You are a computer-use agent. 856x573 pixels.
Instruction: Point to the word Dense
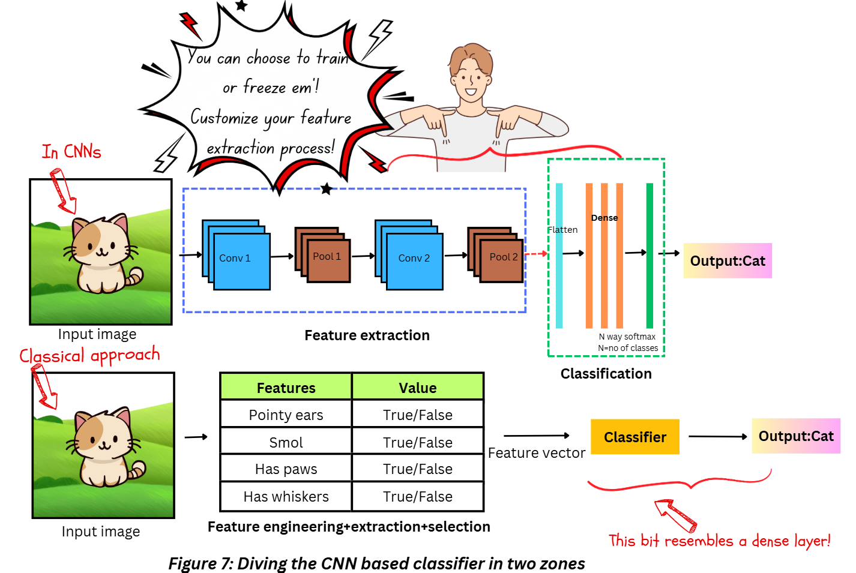click(x=604, y=218)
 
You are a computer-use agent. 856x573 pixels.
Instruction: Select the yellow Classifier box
click(x=635, y=437)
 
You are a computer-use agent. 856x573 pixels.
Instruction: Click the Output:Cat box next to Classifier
click(x=796, y=436)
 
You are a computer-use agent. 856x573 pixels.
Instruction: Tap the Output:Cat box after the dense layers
click(x=728, y=261)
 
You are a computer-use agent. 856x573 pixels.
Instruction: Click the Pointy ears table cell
click(x=286, y=415)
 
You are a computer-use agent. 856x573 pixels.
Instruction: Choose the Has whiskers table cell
click(x=286, y=496)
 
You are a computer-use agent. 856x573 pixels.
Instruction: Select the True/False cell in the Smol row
click(x=418, y=442)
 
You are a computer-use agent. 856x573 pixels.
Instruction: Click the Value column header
click(x=418, y=388)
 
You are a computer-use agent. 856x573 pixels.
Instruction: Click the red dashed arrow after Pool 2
click(x=536, y=254)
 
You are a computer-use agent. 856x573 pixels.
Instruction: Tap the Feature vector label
click(x=537, y=453)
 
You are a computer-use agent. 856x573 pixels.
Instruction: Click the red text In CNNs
click(x=71, y=152)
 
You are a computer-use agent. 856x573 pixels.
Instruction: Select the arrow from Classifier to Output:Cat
click(x=717, y=437)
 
